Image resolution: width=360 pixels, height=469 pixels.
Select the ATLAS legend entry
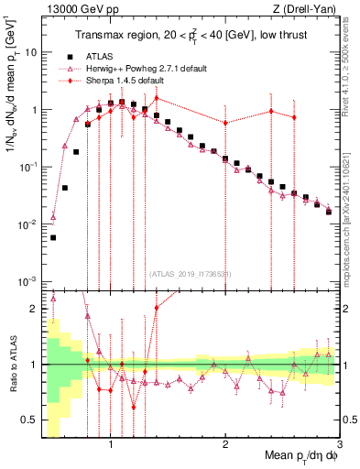pos(103,55)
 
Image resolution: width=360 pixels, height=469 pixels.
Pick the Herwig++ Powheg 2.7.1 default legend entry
pos(138,68)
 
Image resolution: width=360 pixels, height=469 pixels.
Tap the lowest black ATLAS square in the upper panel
pos(53,237)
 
